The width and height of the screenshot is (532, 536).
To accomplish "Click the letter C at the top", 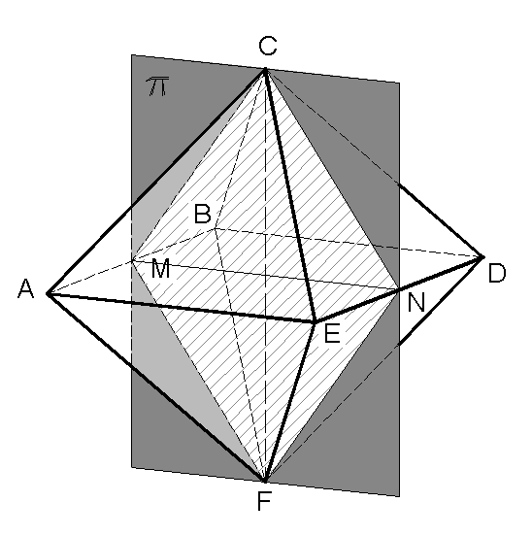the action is (x=268, y=46).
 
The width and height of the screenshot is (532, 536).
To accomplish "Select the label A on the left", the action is (x=25, y=288).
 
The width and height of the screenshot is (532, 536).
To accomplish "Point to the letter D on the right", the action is (x=497, y=275).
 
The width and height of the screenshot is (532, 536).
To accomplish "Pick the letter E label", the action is (x=332, y=335).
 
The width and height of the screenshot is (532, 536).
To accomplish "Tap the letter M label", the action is (x=161, y=269).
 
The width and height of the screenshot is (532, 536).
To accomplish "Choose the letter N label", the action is (x=416, y=303).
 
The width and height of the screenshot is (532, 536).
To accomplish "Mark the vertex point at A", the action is (x=47, y=293).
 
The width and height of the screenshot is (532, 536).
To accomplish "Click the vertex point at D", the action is (x=482, y=257).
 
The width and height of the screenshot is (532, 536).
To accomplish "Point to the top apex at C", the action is (x=265, y=69).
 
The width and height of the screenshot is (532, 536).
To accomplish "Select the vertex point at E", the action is (x=314, y=321).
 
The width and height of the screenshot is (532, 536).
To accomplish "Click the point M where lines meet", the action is (x=133, y=261).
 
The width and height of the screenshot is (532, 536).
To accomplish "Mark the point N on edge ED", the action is (x=399, y=288).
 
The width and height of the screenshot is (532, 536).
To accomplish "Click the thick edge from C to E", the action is (x=289, y=194).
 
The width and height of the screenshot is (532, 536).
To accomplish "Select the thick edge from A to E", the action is (x=180, y=307).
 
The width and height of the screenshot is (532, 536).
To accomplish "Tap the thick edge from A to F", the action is (x=155, y=387).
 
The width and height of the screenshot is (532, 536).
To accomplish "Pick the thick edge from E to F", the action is (x=289, y=401).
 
